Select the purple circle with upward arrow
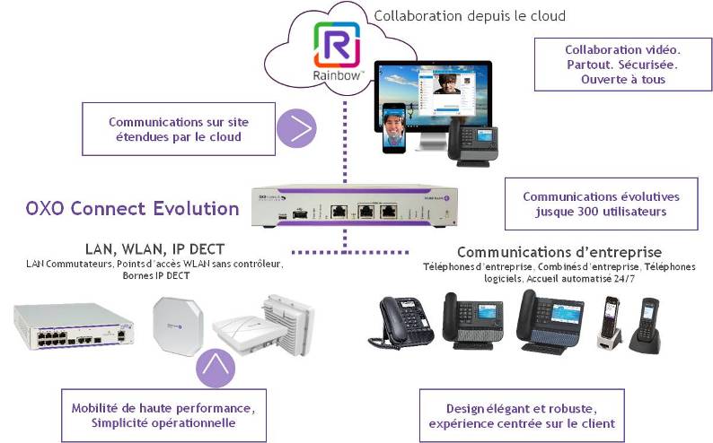(x=216, y=367)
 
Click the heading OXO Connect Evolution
(x=133, y=209)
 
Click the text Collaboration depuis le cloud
(x=470, y=15)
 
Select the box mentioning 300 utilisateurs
(x=601, y=204)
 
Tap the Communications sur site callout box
(x=178, y=129)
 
